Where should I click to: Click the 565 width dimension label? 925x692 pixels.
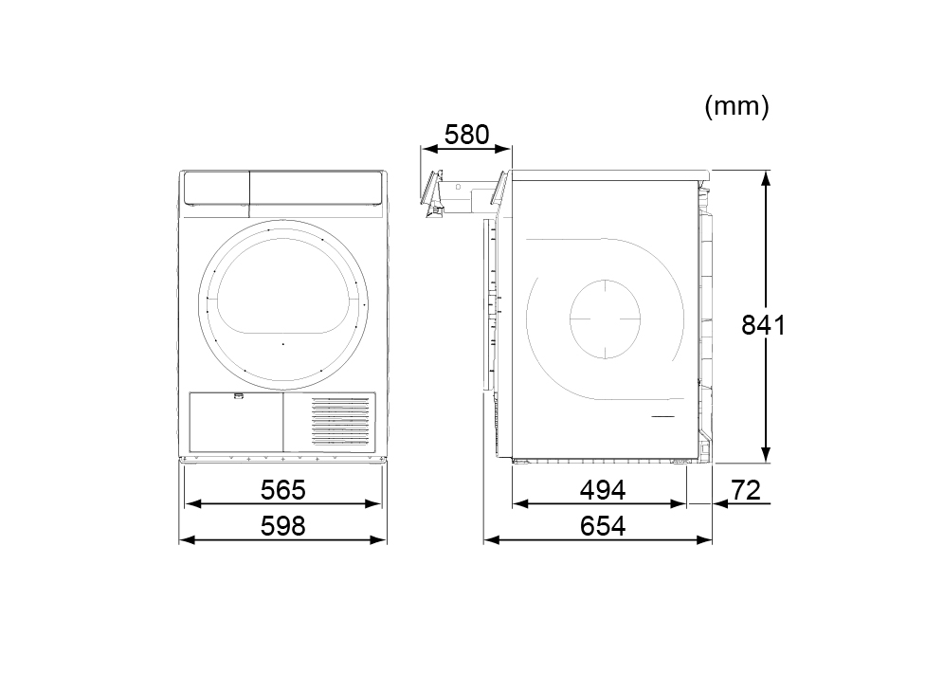283,490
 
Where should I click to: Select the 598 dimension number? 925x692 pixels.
283,526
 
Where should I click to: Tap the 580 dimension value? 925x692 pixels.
466,135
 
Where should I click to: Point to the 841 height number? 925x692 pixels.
763,325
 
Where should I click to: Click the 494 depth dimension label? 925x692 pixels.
603,490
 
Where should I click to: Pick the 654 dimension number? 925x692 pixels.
603,526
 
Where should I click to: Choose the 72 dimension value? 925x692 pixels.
746,490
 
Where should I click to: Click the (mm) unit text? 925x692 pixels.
736,106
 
